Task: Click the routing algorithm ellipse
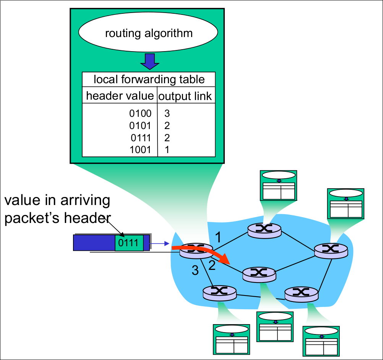(148, 33)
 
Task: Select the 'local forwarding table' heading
(149, 79)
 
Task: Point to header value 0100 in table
(140, 113)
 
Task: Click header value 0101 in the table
(140, 125)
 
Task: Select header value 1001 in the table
(140, 150)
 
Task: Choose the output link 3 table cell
(167, 113)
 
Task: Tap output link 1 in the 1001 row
(167, 150)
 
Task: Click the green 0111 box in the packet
(129, 243)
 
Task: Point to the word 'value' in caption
(23, 200)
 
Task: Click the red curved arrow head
(226, 260)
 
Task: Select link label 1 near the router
(218, 237)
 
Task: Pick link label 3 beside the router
(195, 271)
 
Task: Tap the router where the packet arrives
(196, 250)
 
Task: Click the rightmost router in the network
(331, 250)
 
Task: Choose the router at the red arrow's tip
(259, 274)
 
